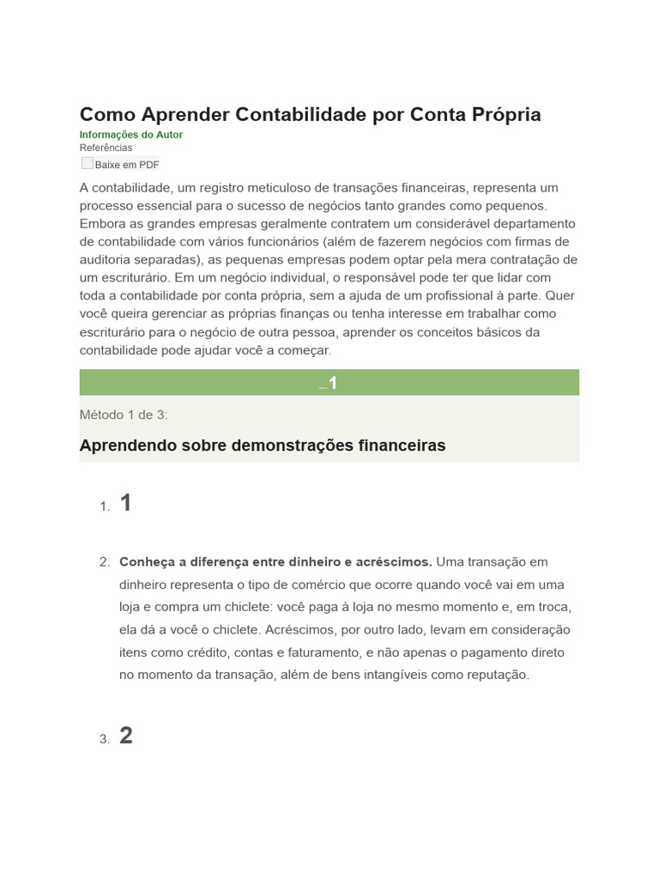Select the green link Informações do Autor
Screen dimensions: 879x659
(130, 135)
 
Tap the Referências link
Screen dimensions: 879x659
(106, 148)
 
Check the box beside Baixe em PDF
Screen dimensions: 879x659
(88, 163)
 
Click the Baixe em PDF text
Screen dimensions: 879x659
(127, 165)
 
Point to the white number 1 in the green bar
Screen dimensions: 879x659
(333, 383)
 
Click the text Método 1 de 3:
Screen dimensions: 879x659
(124, 415)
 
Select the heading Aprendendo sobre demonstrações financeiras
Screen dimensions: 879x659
(263, 446)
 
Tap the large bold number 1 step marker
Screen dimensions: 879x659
(126, 503)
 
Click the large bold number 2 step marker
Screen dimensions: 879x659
(126, 736)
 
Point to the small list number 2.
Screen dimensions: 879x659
(105, 562)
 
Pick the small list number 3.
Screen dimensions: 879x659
(105, 739)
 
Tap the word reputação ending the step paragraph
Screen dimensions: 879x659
(500, 675)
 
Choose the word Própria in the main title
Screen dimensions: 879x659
(503, 114)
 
